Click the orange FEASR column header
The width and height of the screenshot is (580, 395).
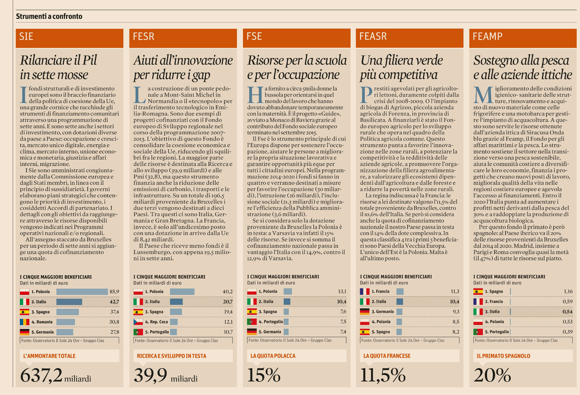(x=409, y=38)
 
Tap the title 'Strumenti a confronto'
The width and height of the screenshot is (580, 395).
(x=49, y=16)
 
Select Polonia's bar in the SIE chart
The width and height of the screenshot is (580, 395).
(x=82, y=292)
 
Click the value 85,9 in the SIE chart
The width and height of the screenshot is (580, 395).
(x=114, y=292)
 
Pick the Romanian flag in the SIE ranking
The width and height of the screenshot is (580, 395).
(x=24, y=322)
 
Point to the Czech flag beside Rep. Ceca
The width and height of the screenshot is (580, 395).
(x=138, y=322)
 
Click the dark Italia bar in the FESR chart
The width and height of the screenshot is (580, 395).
(x=176, y=302)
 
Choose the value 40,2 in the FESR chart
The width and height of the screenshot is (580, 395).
(x=227, y=292)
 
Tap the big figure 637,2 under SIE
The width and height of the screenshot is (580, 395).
(x=41, y=375)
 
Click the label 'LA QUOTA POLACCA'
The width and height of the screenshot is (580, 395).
(x=273, y=356)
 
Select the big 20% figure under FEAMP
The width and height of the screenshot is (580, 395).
(x=492, y=375)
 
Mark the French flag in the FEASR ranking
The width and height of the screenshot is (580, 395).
(x=365, y=291)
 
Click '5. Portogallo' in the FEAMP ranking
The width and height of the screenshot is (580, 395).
(x=497, y=332)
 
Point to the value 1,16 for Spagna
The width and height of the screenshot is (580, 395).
(x=568, y=291)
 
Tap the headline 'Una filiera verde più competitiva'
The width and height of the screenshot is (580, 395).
(x=402, y=68)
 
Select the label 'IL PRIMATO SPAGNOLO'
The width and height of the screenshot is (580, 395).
(x=503, y=356)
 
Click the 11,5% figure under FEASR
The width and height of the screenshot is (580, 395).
(x=383, y=375)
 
